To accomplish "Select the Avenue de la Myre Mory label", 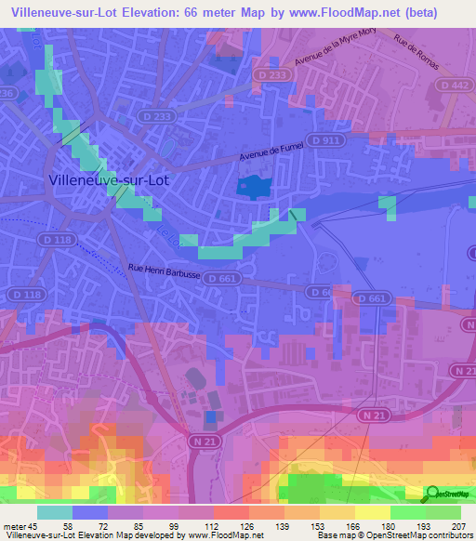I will pos(335,57).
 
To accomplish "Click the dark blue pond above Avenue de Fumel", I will pos(252,187).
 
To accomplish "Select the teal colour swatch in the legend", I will pos(54,512).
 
